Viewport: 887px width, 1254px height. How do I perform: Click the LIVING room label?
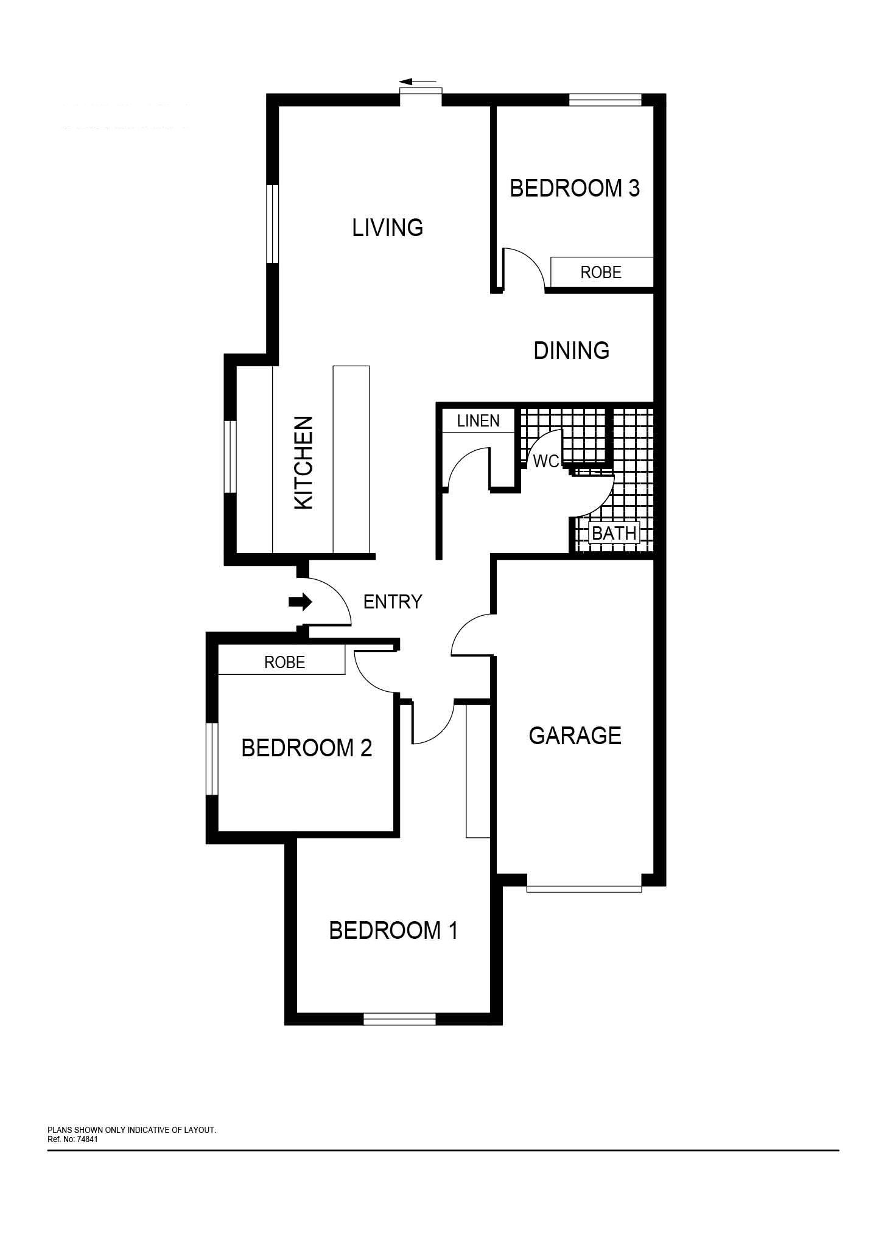(x=387, y=228)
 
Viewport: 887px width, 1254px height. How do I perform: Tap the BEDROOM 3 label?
(x=575, y=188)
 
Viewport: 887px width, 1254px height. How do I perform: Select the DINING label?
(x=571, y=350)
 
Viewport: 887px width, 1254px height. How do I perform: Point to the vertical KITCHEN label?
(x=303, y=462)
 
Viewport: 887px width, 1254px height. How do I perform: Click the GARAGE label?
(x=575, y=736)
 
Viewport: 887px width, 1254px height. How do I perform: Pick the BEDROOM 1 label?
(x=393, y=930)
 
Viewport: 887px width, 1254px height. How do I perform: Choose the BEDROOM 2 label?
(x=306, y=748)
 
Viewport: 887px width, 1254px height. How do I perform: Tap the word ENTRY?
(x=393, y=602)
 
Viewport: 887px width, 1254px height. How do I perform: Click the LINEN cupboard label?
(x=479, y=420)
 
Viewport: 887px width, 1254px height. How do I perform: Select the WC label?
(x=545, y=462)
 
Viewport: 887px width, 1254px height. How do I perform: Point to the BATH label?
(x=614, y=533)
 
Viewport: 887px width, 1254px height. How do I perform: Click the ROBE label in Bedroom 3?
(x=601, y=272)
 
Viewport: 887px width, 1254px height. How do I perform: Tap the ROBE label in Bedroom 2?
(x=284, y=662)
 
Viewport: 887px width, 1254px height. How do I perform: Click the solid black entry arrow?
(x=300, y=602)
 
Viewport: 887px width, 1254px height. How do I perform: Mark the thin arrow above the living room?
(x=418, y=81)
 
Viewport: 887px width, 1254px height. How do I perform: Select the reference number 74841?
(x=87, y=1139)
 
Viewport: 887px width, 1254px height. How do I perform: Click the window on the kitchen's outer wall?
(x=230, y=456)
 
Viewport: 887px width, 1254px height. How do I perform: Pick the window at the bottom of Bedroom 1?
(x=399, y=1019)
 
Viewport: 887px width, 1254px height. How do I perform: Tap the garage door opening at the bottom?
(x=584, y=888)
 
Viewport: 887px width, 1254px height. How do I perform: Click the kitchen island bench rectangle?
(x=351, y=459)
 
